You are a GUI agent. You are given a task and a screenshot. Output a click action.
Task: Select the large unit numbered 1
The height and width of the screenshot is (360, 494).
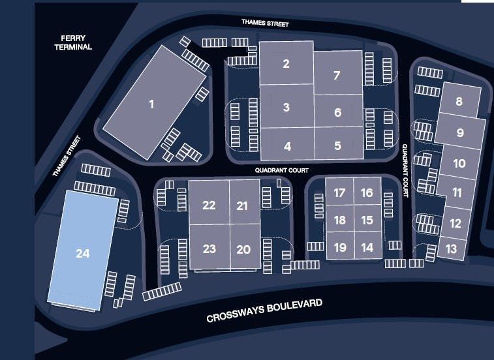click(x=151, y=104)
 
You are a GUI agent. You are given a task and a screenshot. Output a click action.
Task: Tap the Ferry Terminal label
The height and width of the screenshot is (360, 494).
click(x=73, y=43)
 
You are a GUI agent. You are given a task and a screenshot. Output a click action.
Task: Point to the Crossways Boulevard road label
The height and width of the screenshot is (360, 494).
click(x=264, y=312)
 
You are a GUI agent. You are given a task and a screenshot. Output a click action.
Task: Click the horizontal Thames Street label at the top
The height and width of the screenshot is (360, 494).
click(x=265, y=23)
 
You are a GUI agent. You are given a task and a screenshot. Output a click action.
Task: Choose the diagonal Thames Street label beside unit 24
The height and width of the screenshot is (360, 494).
click(x=65, y=157)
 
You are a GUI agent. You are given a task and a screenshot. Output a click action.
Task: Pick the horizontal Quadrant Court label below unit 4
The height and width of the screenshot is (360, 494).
click(x=282, y=170)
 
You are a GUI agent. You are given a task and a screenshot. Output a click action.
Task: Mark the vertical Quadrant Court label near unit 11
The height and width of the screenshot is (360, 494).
click(x=405, y=170)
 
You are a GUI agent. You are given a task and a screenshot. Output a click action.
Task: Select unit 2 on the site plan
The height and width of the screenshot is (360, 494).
click(x=286, y=63)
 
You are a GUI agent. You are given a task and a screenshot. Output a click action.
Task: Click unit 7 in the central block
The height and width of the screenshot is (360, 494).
click(x=337, y=75)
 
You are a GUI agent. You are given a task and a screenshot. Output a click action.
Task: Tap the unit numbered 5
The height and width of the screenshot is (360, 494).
click(x=337, y=145)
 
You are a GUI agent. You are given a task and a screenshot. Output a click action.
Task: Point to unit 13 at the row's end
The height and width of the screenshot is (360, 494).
click(x=452, y=248)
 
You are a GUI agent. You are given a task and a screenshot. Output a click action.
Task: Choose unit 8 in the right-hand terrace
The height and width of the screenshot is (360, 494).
click(x=459, y=101)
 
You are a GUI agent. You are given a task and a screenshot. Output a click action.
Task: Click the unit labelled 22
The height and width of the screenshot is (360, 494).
click(x=209, y=205)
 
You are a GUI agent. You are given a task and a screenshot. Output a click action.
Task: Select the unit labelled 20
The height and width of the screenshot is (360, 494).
click(x=243, y=249)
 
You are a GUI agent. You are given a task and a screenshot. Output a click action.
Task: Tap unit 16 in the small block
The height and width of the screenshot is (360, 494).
click(x=367, y=192)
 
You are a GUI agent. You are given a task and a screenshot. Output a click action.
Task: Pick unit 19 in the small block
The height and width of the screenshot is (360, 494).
click(x=339, y=247)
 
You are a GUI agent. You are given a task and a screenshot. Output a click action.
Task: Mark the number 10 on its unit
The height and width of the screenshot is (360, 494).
click(x=459, y=163)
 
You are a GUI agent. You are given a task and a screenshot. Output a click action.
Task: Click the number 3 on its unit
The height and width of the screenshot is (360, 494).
click(x=286, y=107)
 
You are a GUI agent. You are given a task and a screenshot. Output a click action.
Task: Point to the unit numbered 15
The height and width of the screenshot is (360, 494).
click(x=367, y=220)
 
